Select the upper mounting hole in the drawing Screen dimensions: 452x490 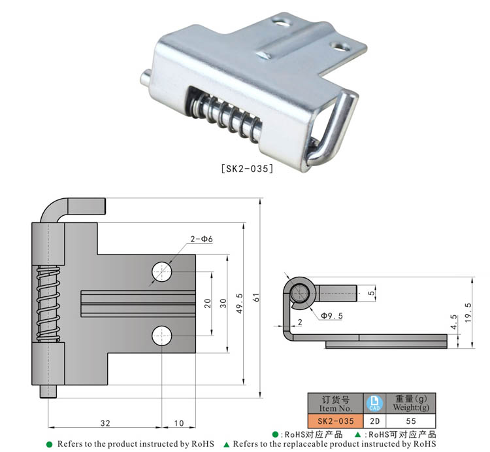click(x=162, y=271)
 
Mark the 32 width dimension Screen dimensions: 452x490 click(x=105, y=423)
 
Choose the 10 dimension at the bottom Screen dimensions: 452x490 click(x=178, y=423)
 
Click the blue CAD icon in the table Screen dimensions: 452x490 click(x=375, y=402)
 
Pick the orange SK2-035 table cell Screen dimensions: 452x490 click(x=332, y=421)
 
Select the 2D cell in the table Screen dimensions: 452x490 click(x=375, y=421)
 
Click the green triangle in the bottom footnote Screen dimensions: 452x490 click(x=227, y=444)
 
